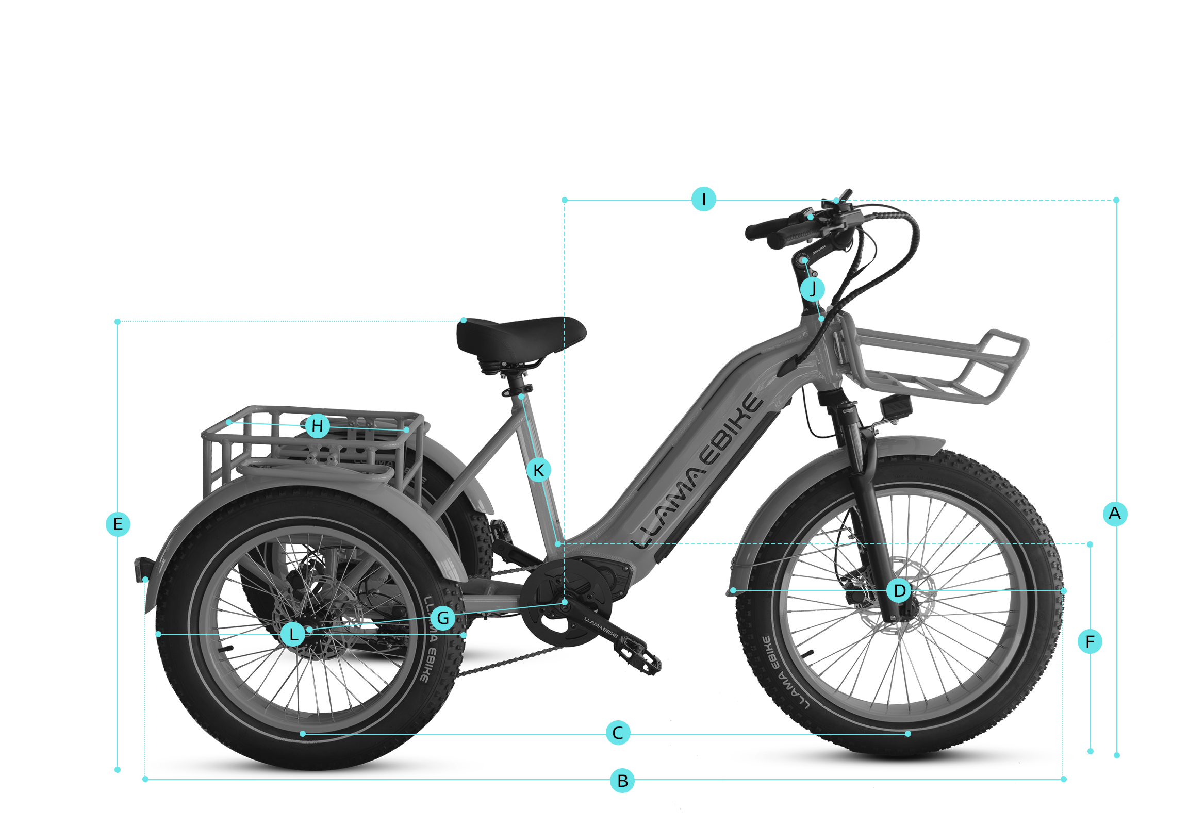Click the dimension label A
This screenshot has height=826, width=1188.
point(1115,514)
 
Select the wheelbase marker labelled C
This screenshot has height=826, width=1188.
point(618,732)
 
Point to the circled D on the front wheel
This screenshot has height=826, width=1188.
point(899,590)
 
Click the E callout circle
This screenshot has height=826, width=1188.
point(118,524)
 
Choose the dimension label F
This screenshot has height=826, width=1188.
point(1090,642)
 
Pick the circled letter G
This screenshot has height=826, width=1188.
point(443,618)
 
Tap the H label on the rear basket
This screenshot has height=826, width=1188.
point(318,426)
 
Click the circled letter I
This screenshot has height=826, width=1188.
point(704,199)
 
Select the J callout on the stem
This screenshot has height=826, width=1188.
point(812,289)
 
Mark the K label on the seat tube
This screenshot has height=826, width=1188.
point(539,470)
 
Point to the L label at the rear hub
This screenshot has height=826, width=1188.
point(293,634)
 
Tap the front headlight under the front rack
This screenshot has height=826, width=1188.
point(896,406)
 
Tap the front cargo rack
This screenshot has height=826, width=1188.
point(931,365)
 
